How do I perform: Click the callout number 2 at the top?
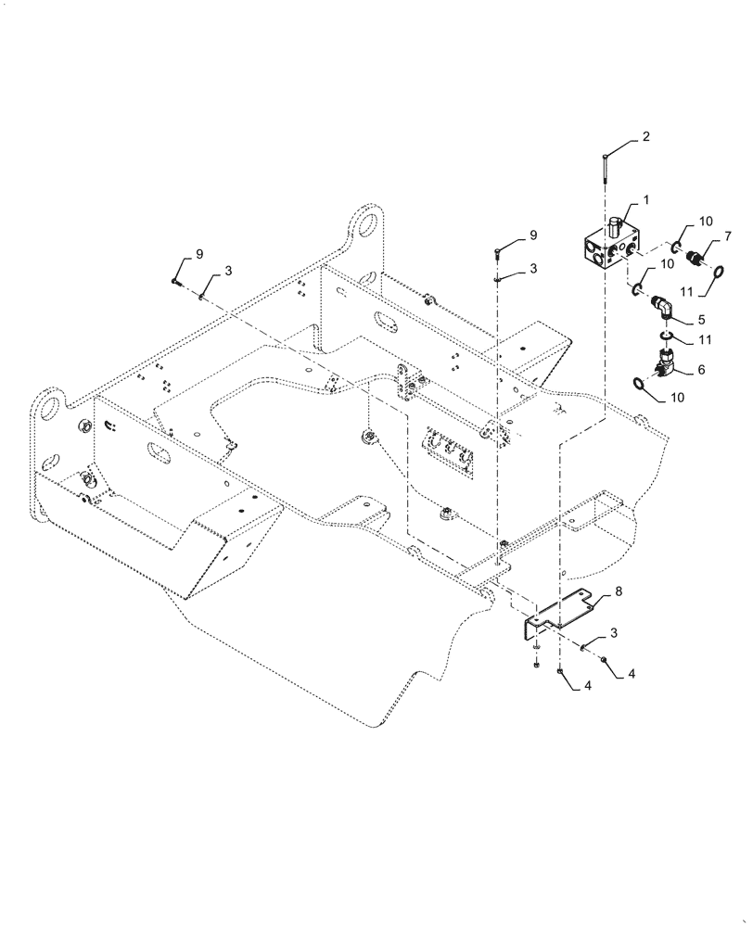click(x=645, y=137)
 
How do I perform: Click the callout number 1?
click(x=645, y=200)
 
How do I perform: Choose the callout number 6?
click(x=700, y=369)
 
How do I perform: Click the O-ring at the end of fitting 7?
click(x=717, y=271)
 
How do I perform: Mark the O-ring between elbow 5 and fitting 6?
click(x=668, y=336)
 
